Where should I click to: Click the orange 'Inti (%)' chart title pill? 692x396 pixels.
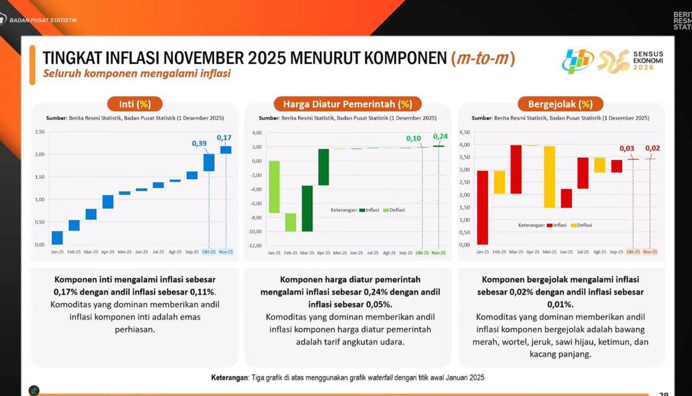pos(134,104)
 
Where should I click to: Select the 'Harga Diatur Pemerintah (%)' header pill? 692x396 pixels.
pos(347,104)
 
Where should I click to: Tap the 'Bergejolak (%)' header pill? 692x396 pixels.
pos(560,104)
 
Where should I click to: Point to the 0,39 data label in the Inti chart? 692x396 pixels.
pos(200,143)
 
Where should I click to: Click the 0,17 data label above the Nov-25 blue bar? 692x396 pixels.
pos(224,137)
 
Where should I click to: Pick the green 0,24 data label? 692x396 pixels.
pos(439,137)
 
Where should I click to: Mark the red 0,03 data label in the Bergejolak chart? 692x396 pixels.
pos(627,149)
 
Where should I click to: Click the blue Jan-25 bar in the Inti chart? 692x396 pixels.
pos(57,237)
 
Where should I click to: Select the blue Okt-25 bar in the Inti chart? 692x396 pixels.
pos(209,163)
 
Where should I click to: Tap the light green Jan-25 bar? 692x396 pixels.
pos(274,187)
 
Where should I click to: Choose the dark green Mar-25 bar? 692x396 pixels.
pos(307,208)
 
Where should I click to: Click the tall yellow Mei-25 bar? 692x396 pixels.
pos(550,176)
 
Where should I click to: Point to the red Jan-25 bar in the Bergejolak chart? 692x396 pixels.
pos(483,208)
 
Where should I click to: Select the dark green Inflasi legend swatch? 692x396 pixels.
pos(362,210)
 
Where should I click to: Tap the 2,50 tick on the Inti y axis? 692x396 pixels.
pos(39,132)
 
